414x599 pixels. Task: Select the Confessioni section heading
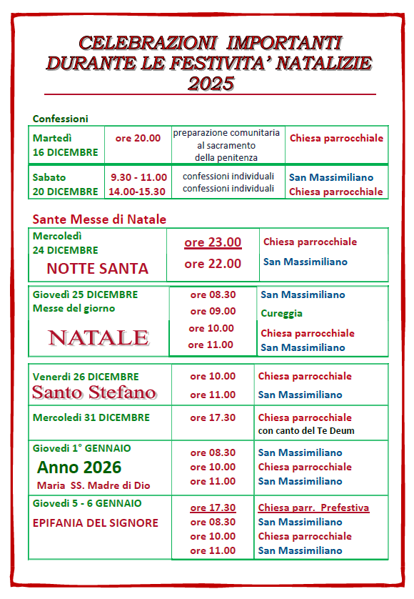[x=61, y=119]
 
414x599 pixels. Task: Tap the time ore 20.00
[x=138, y=138]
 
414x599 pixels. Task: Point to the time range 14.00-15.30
[x=137, y=192]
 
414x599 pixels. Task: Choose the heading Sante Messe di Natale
[x=99, y=219]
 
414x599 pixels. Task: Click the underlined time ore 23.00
[x=213, y=242]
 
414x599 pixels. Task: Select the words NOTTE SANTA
[x=97, y=269]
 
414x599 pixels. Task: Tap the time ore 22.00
[x=213, y=264]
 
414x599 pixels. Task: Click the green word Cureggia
[x=281, y=313]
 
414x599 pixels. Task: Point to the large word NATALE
[x=98, y=338]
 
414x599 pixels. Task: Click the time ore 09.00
[x=213, y=311]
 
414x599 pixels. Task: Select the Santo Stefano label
[x=94, y=392]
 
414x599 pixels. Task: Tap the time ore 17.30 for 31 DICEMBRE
[x=213, y=417]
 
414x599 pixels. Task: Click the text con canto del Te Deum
[x=306, y=430]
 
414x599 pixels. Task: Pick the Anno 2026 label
[x=79, y=467]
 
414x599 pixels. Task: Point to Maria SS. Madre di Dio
[x=94, y=485]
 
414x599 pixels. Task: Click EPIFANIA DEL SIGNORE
[x=96, y=523]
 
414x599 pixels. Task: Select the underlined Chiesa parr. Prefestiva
[x=313, y=508]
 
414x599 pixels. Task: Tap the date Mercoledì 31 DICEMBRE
[x=91, y=417]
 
